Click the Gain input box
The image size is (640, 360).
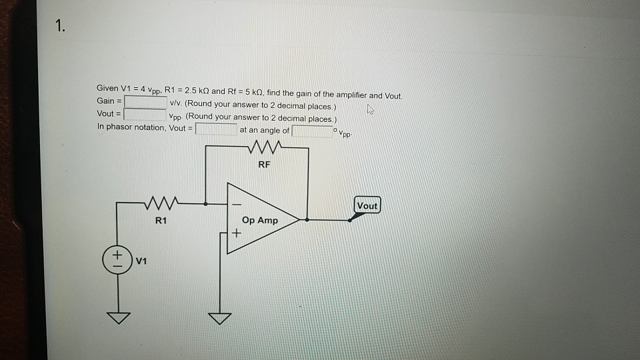(x=145, y=101)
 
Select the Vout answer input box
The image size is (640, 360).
(x=145, y=113)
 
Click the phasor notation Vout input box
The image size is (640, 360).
(x=216, y=129)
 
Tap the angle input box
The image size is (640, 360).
(x=311, y=130)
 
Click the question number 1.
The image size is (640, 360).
(x=61, y=27)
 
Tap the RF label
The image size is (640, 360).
(x=264, y=163)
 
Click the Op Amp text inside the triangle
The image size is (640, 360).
(x=260, y=220)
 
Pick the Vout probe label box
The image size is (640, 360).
(x=367, y=206)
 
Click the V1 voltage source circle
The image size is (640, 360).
(x=117, y=259)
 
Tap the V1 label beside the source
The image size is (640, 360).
(x=141, y=261)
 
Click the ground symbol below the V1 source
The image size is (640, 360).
(x=117, y=319)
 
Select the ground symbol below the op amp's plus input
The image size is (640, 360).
(x=220, y=319)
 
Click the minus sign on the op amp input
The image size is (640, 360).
(x=235, y=203)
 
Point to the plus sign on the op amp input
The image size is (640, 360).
(x=235, y=233)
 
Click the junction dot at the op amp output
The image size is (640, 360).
(x=307, y=219)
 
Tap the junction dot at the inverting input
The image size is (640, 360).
(x=206, y=203)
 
